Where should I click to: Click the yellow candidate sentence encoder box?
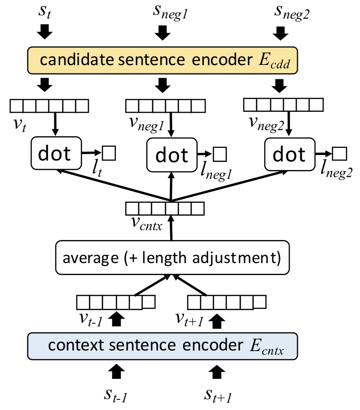162,60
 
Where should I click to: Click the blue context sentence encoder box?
162,346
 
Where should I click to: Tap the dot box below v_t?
56,153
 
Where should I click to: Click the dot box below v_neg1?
171,154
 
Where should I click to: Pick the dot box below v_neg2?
289,154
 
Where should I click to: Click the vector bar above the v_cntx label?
165,208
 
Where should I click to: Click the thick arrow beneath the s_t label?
45,30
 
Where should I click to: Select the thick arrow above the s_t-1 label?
117,371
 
